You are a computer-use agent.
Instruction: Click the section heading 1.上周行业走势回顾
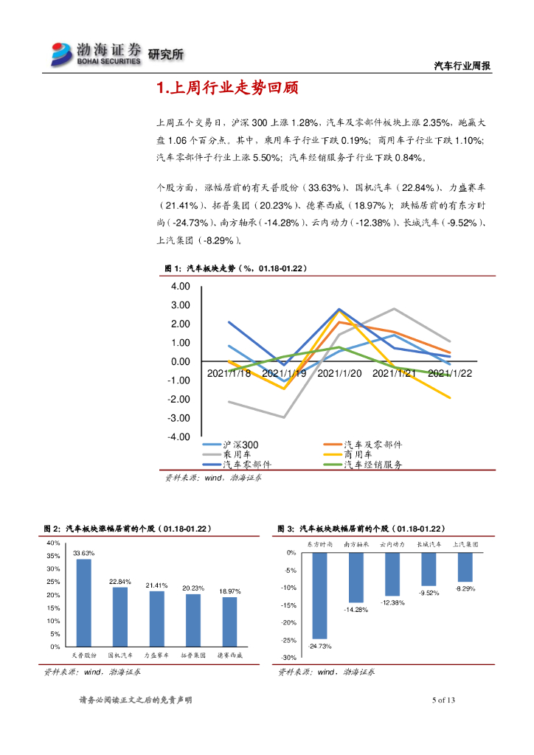(x=227, y=89)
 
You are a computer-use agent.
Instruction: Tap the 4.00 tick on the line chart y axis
(x=180, y=286)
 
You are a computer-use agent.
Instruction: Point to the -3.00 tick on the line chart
(x=179, y=418)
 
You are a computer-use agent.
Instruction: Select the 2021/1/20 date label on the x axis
(x=339, y=374)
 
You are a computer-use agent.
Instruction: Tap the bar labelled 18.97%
(x=229, y=622)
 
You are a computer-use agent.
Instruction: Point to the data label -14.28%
(x=356, y=610)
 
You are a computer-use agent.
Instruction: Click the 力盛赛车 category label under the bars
(x=156, y=655)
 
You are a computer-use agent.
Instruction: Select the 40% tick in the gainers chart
(x=53, y=543)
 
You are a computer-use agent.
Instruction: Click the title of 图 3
(x=361, y=529)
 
